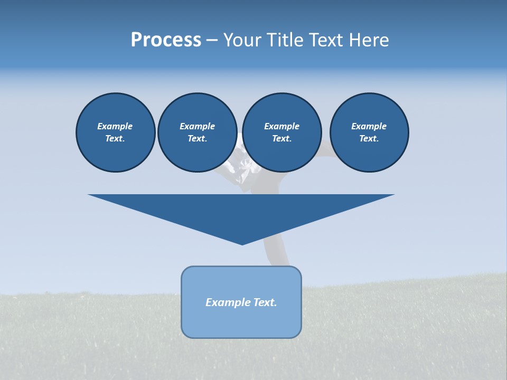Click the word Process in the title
pos(166,40)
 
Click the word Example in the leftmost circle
pos(115,126)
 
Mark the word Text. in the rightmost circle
pos(369,139)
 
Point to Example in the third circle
pos(281,126)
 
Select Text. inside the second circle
pos(197,139)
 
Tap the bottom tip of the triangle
pos(242,243)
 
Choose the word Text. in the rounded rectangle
pos(266,302)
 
